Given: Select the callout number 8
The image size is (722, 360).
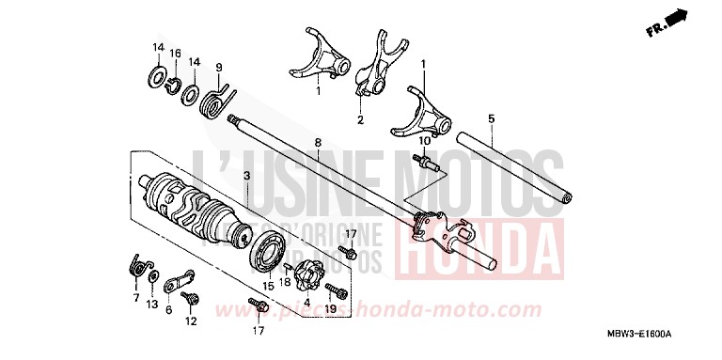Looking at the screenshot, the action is tap(318, 142).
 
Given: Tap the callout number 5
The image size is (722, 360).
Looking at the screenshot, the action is tap(491, 118).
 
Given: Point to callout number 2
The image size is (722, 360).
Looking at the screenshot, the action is tap(360, 119).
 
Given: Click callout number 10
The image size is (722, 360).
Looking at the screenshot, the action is tap(424, 141).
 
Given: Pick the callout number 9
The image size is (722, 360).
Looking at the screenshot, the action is tap(218, 67).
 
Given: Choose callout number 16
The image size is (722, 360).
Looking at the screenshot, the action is tap(175, 53).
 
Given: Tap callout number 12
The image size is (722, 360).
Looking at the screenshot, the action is tap(192, 321).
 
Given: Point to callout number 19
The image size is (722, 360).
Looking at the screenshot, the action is tap(331, 309).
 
